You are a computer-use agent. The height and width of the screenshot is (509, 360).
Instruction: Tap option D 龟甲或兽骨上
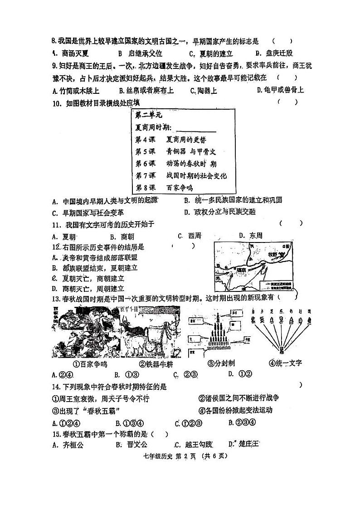point(280,90)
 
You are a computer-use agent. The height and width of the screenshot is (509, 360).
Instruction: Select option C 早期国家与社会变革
point(88,212)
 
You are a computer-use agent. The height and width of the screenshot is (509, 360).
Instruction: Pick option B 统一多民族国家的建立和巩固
point(239,200)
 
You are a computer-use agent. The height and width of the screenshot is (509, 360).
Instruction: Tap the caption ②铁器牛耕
point(156,363)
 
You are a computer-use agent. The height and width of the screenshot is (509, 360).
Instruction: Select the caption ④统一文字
point(285,363)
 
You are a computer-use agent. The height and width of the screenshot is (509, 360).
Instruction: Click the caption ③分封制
point(221,363)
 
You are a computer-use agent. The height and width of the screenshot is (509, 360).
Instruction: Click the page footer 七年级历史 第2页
point(180,456)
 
